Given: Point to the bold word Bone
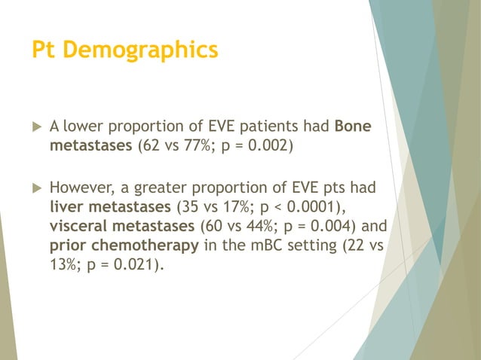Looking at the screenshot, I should click(x=353, y=127).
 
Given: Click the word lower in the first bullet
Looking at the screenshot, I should click(x=83, y=127).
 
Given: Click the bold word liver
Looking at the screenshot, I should click(x=66, y=204).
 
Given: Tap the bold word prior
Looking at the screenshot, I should click(x=67, y=243).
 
